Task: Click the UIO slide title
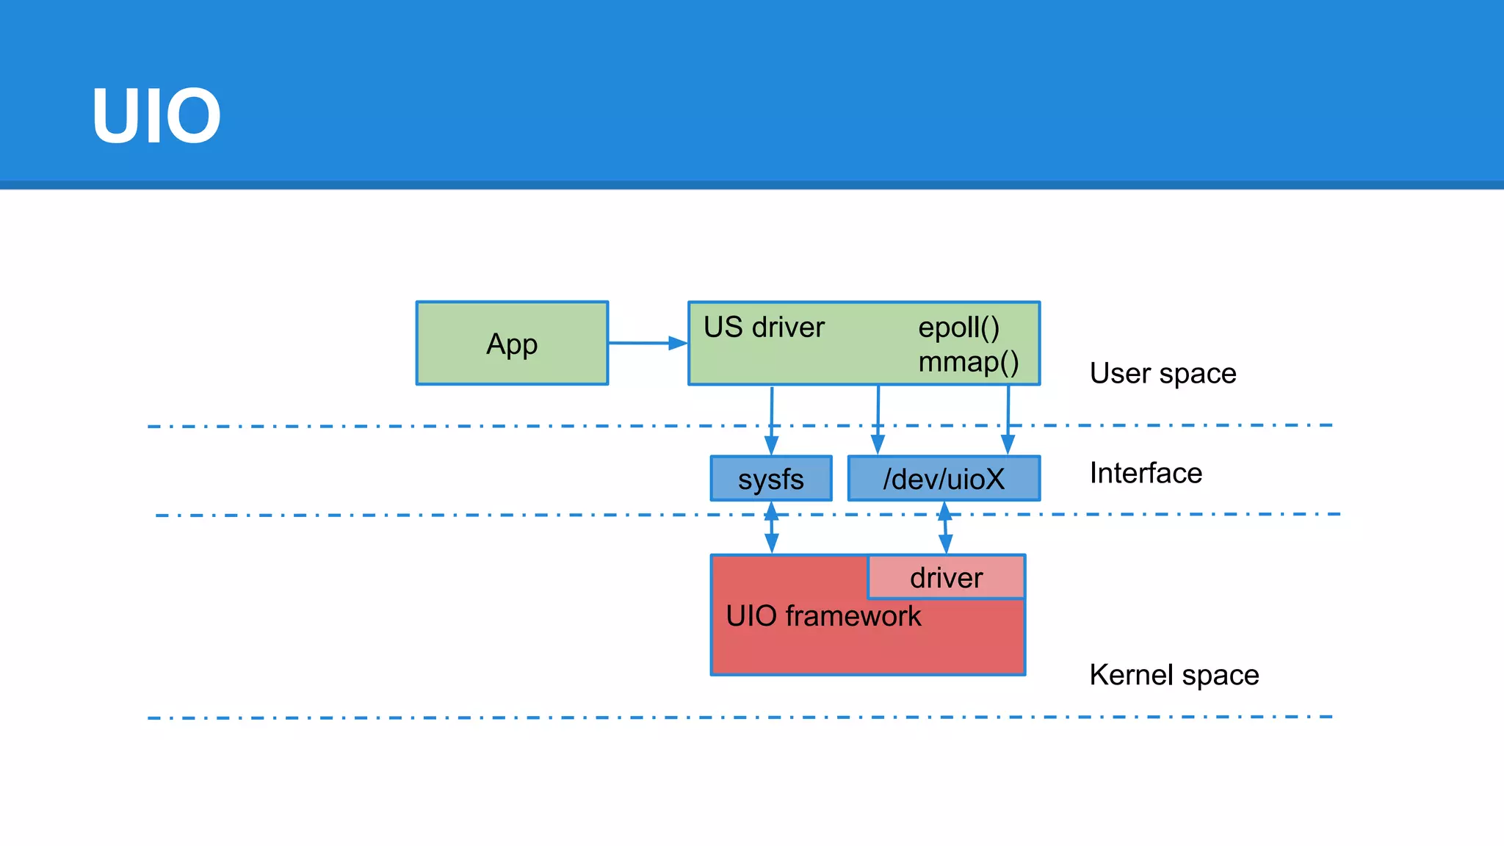(156, 116)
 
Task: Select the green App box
(512, 343)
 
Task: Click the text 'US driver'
(764, 328)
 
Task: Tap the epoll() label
(958, 328)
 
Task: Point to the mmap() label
(968, 362)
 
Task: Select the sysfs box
(771, 479)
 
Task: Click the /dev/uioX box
(944, 479)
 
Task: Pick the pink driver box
(946, 578)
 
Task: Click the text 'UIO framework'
(822, 616)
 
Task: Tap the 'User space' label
(1163, 374)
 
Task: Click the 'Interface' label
(1146, 473)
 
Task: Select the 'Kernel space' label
(1174, 675)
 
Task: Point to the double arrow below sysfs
(771, 527)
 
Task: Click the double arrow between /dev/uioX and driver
(945, 527)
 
